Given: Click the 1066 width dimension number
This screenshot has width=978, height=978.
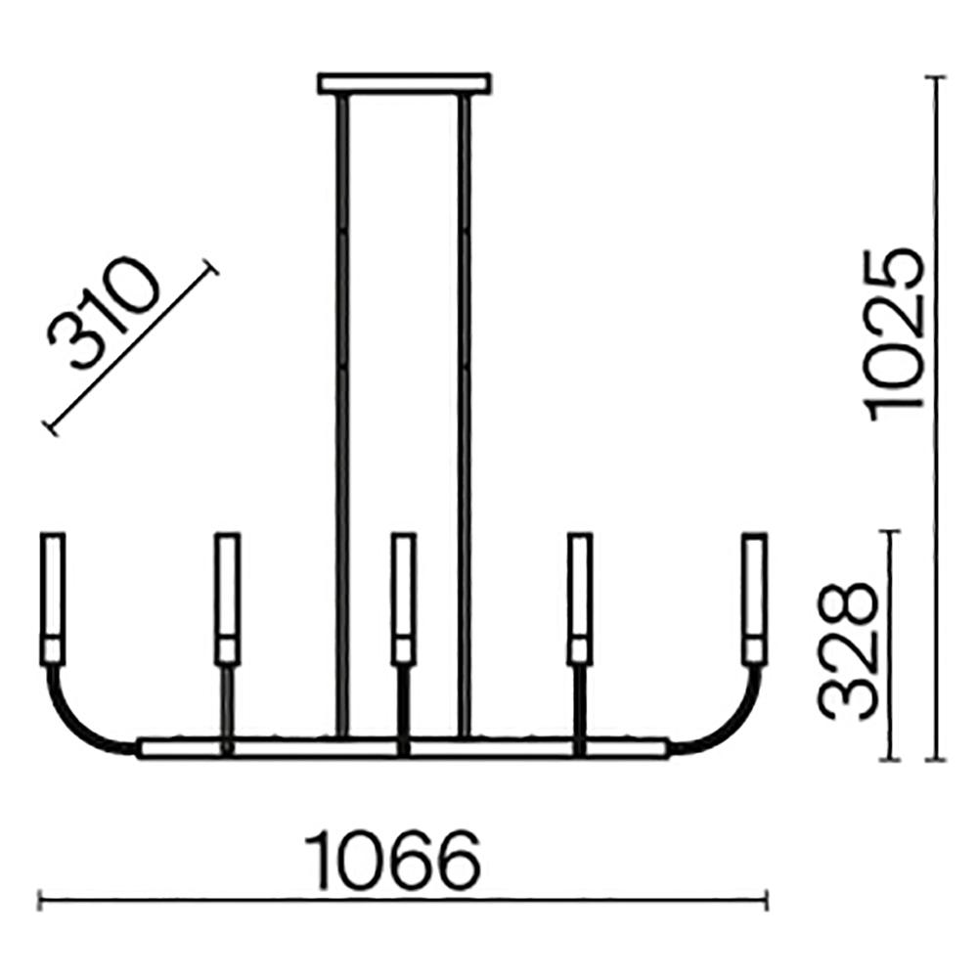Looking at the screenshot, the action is pos(392,861).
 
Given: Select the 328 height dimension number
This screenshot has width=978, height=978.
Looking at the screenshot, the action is pos(847,652).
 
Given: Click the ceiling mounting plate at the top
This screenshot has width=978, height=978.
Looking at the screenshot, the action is pos(404,83).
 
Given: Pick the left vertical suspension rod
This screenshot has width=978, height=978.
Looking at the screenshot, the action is pos(341,416).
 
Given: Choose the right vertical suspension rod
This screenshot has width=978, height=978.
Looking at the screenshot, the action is pos(464,416).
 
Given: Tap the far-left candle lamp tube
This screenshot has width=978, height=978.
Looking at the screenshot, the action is pos(53,599).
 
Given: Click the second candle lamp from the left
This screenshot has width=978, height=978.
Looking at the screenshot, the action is pos(227,599).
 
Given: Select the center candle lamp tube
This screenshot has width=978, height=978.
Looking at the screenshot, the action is pos(404,599).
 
